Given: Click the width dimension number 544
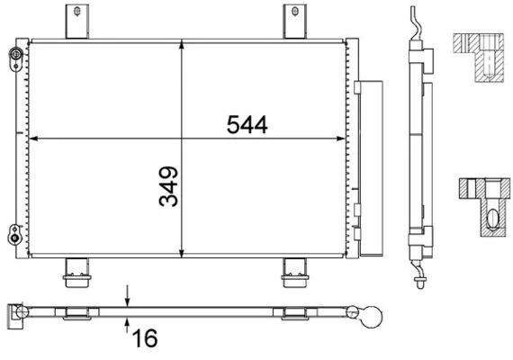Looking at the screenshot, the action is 247,125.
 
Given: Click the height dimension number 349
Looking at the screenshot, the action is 168,187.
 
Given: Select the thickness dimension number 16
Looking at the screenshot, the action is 145,338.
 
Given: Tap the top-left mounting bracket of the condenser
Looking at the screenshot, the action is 77,22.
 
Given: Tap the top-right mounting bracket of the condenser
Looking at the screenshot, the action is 295,22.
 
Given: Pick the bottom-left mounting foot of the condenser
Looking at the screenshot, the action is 77,273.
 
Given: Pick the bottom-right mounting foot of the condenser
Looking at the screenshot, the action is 295,273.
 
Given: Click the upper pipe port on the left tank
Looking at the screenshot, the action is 15,58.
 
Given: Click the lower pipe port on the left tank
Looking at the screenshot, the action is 14,234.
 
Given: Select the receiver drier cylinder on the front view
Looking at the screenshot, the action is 371,168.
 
